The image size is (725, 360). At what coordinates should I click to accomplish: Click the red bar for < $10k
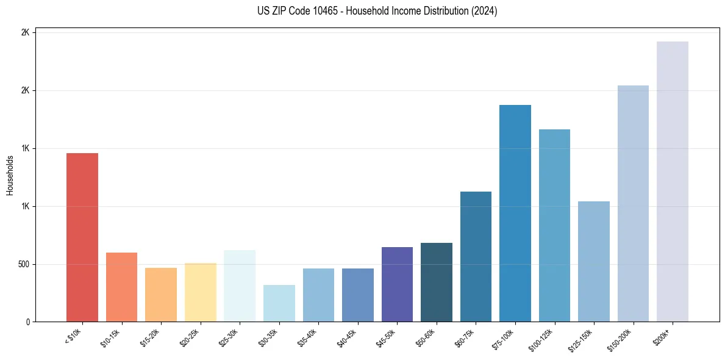click(82, 237)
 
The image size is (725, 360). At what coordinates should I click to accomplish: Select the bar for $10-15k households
click(121, 287)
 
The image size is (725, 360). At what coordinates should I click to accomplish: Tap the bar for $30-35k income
click(279, 303)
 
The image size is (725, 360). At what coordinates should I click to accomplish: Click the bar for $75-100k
click(515, 213)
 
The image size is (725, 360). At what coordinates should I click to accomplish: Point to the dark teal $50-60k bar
click(436, 282)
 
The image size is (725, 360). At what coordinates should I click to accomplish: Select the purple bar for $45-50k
click(397, 284)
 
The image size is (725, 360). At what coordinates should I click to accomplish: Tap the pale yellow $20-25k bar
click(200, 292)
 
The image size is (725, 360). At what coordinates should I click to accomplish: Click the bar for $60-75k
click(476, 256)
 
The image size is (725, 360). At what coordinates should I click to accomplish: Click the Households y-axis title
click(10, 175)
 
